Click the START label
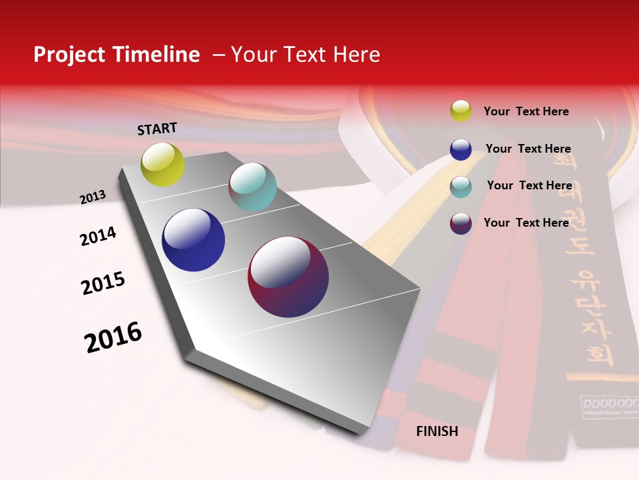click(x=157, y=129)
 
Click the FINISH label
click(x=437, y=431)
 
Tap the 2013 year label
click(x=93, y=197)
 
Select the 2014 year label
click(x=98, y=237)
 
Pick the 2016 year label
click(x=113, y=337)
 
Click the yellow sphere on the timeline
click(x=162, y=165)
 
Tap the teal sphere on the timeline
click(x=252, y=187)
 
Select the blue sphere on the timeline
click(x=193, y=240)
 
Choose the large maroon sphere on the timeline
click(x=288, y=277)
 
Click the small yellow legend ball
click(x=461, y=111)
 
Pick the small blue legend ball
click(x=461, y=149)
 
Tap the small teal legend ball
click(x=461, y=187)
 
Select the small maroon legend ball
click(x=461, y=223)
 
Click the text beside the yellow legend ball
click(x=526, y=112)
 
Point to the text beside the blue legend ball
click(x=528, y=149)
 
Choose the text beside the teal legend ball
click(x=529, y=185)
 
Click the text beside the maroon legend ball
click(x=526, y=223)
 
